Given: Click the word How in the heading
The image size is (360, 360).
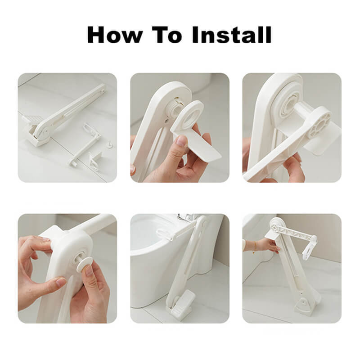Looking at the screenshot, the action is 115,35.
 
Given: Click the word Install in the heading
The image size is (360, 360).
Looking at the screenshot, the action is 232,35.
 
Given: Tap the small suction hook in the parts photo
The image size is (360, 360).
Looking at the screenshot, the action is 110,144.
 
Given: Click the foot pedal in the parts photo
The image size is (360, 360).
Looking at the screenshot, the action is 32,120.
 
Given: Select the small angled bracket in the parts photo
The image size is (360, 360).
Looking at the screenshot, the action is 94,160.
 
